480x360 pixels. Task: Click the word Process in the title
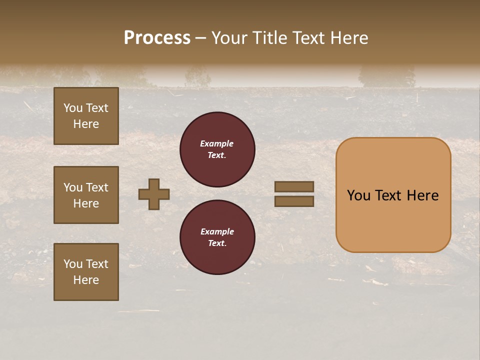point(157,38)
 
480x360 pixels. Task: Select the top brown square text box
point(86,116)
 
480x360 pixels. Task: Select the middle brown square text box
point(86,195)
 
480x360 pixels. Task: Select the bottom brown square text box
point(86,272)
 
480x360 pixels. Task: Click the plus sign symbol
point(154,194)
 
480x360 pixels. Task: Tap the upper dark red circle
point(217,149)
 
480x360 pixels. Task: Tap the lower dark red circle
point(217,237)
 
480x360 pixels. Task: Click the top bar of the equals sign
point(294,186)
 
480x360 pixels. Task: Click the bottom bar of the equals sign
point(294,201)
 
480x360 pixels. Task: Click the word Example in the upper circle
point(216,143)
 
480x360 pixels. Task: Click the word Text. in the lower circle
point(217,243)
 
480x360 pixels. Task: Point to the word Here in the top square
point(86,124)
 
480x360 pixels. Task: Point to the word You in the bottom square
point(73,264)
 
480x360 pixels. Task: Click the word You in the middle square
point(73,187)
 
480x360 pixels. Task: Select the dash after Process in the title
point(200,38)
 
